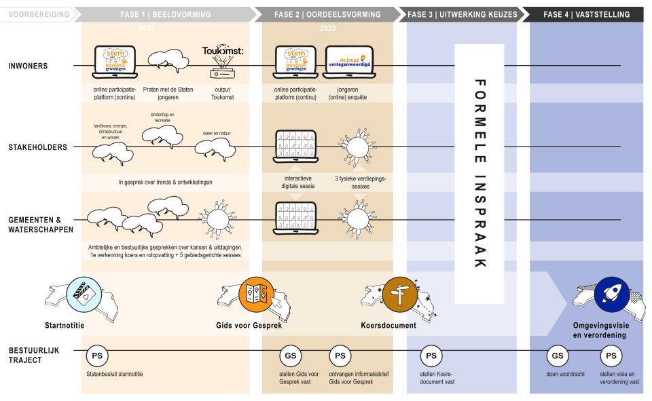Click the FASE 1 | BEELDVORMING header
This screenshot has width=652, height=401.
(167, 14)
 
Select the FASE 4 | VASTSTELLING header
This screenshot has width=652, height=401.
(586, 14)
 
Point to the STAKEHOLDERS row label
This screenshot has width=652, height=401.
(38, 147)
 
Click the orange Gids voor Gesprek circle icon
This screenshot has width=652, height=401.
(256, 294)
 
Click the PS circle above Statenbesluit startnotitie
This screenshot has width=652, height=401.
(97, 355)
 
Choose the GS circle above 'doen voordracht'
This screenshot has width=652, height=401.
(558, 355)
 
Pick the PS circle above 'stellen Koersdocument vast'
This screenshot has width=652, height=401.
(431, 355)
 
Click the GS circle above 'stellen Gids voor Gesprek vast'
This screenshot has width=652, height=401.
(290, 355)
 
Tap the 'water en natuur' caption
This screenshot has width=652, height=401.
(217, 134)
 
